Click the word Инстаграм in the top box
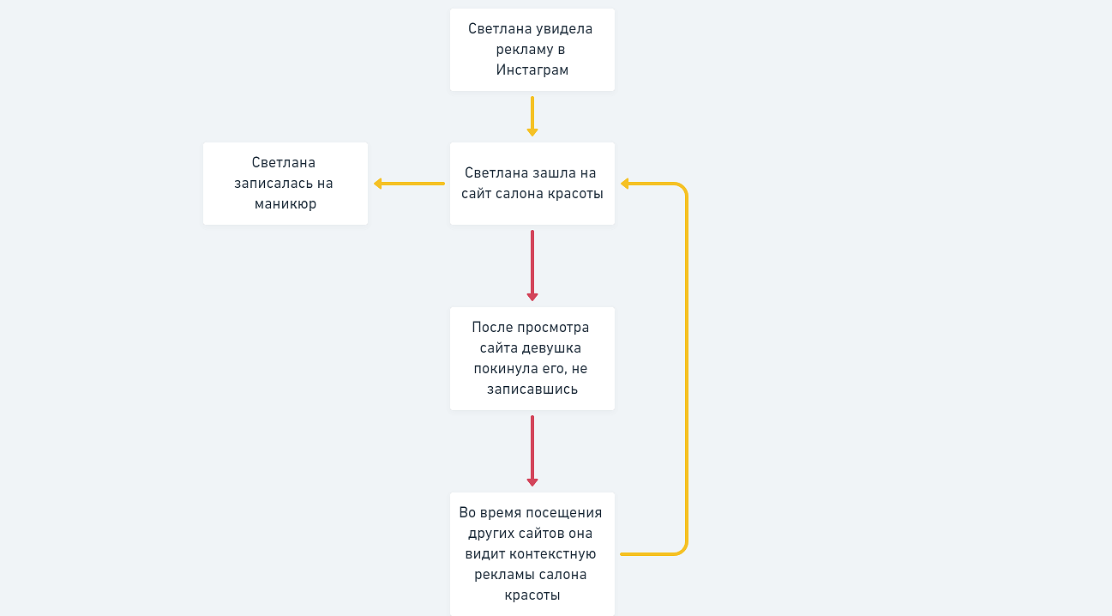tap(532, 70)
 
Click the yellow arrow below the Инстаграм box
tap(532, 116)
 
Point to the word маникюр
tap(286, 204)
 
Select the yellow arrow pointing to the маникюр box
tap(409, 184)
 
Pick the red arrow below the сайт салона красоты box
tap(532, 265)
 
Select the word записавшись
tap(532, 390)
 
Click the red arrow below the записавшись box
tap(532, 450)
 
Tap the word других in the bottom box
tap(491, 534)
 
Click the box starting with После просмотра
tap(532, 359)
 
